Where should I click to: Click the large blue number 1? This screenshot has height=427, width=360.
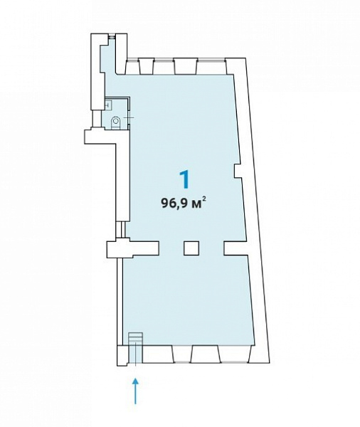[x=185, y=180]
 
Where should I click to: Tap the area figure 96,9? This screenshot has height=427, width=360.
[x=175, y=203]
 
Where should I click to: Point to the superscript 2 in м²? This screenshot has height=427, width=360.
[x=204, y=200]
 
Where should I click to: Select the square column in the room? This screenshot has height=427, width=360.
[x=191, y=248]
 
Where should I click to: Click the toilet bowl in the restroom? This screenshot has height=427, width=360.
[x=116, y=123]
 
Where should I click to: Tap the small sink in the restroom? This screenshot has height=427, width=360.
[x=108, y=104]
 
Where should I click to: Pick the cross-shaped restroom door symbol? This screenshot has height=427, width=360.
[x=129, y=118]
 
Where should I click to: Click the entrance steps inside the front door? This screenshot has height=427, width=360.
[x=136, y=339]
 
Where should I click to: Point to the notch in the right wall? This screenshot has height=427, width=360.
[x=238, y=171]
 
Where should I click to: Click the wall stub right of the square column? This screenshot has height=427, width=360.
[x=235, y=248]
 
